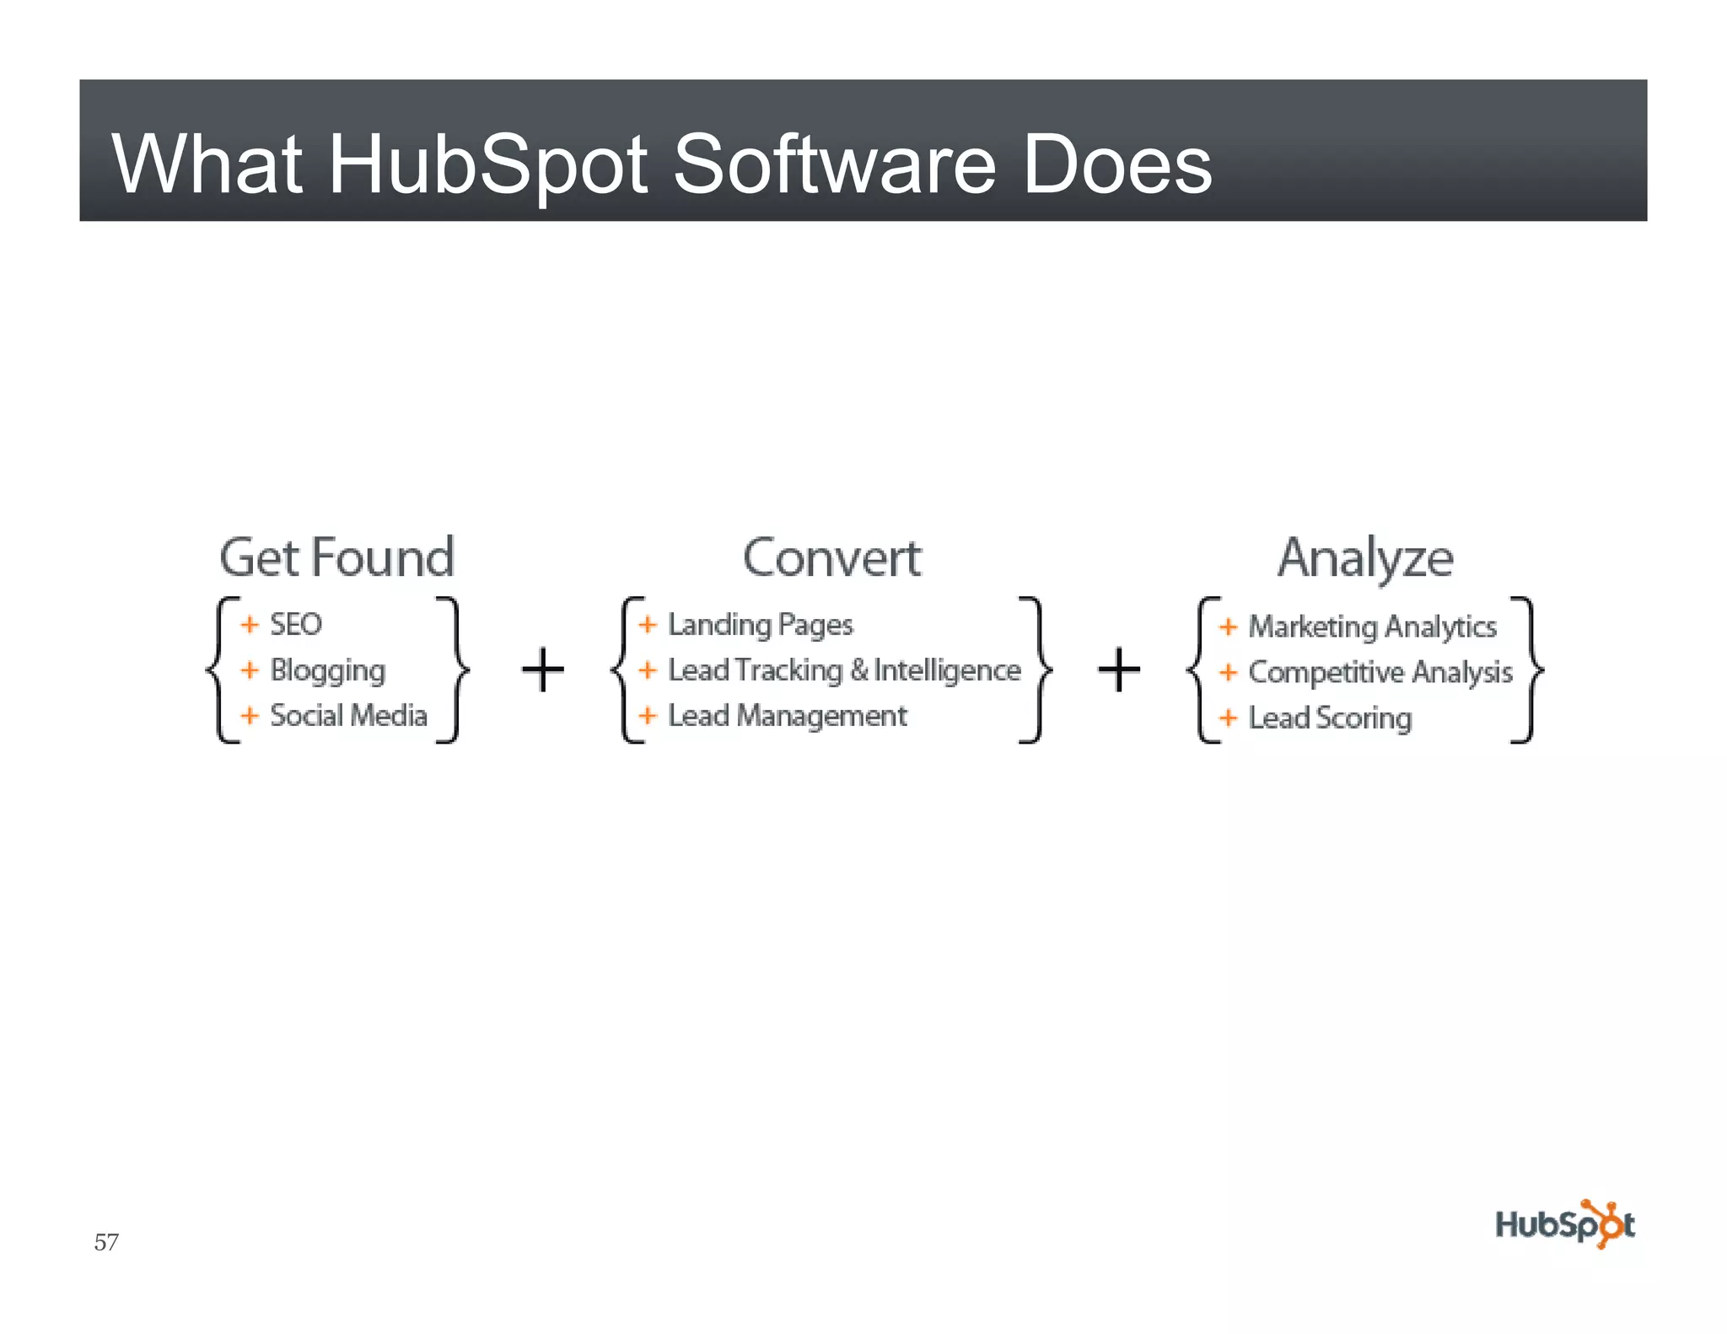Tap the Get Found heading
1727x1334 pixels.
click(x=336, y=557)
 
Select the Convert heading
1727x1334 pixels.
click(x=832, y=557)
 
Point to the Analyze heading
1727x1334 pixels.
click(x=1365, y=557)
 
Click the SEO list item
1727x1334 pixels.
click(x=295, y=624)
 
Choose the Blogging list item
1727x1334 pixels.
click(x=327, y=670)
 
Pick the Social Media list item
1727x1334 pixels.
click(x=348, y=716)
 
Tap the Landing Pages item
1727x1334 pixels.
click(x=760, y=625)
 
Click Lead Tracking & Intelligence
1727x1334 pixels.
click(x=844, y=670)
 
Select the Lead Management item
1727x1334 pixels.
click(x=787, y=716)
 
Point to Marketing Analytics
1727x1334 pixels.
click(x=1372, y=627)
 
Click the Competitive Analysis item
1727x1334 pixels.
click(x=1380, y=672)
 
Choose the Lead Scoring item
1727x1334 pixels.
click(x=1330, y=718)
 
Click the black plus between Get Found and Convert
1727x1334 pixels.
click(x=542, y=670)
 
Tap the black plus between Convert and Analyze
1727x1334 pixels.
click(x=1119, y=670)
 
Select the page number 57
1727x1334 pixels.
click(x=106, y=1242)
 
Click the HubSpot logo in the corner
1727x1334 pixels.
click(x=1564, y=1224)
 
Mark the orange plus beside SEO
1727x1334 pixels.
click(x=250, y=624)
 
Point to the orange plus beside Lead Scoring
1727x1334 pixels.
click(x=1228, y=718)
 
